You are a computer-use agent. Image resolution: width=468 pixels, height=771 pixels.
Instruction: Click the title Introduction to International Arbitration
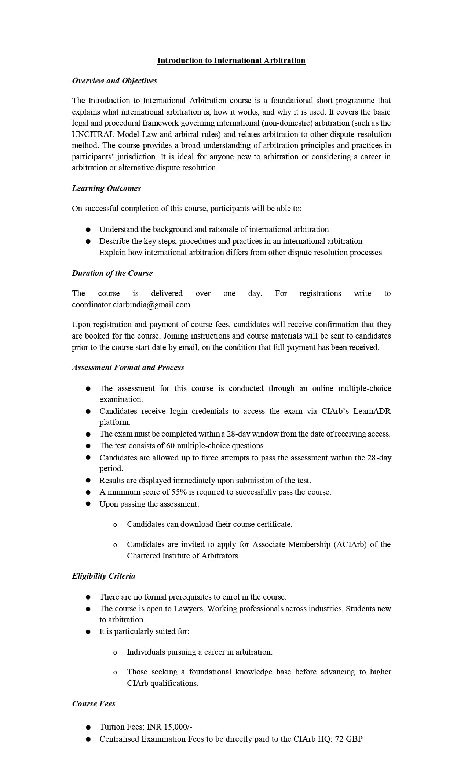pos(231,61)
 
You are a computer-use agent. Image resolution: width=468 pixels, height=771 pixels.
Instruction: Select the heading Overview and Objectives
pos(114,81)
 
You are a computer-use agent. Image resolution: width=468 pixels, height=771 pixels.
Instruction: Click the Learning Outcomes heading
pos(106,188)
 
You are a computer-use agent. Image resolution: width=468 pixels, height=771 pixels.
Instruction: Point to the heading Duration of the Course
pos(112,273)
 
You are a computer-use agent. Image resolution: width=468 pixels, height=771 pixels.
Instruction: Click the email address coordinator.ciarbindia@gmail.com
pos(132,304)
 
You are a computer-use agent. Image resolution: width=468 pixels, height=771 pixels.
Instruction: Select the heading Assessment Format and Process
pos(128,368)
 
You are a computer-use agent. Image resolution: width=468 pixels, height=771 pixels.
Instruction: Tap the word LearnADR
pos(372,411)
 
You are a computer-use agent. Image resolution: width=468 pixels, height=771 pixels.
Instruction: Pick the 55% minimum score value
pos(179,492)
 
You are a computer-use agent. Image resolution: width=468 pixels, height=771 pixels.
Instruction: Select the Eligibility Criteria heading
pos(103,576)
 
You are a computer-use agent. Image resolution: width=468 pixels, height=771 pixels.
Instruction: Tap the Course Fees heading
pos(94,704)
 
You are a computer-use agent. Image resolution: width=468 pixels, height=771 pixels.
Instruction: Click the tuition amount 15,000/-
pos(179,727)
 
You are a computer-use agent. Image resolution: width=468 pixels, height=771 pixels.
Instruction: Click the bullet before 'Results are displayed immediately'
pos(88,481)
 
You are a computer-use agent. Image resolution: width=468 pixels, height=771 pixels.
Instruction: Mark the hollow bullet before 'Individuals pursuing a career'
pos(115,652)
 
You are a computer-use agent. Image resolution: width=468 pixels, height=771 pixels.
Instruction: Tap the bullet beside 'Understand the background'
pos(88,229)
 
